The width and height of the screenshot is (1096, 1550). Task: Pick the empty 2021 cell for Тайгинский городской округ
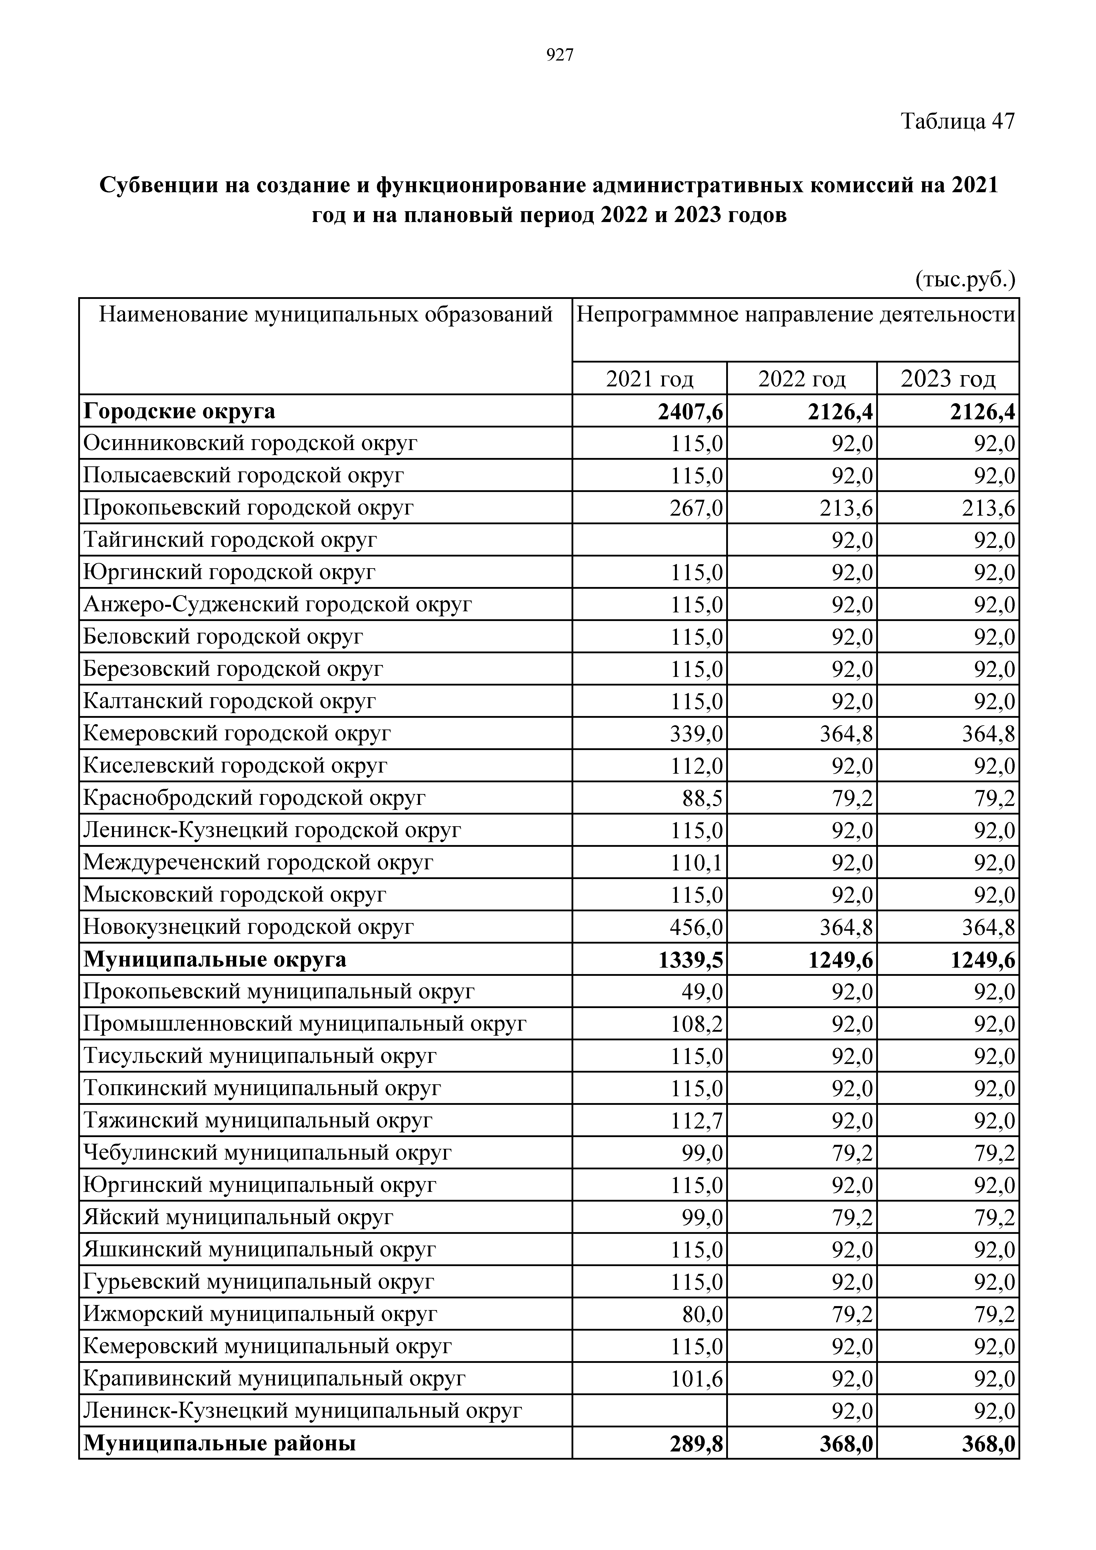click(650, 540)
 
